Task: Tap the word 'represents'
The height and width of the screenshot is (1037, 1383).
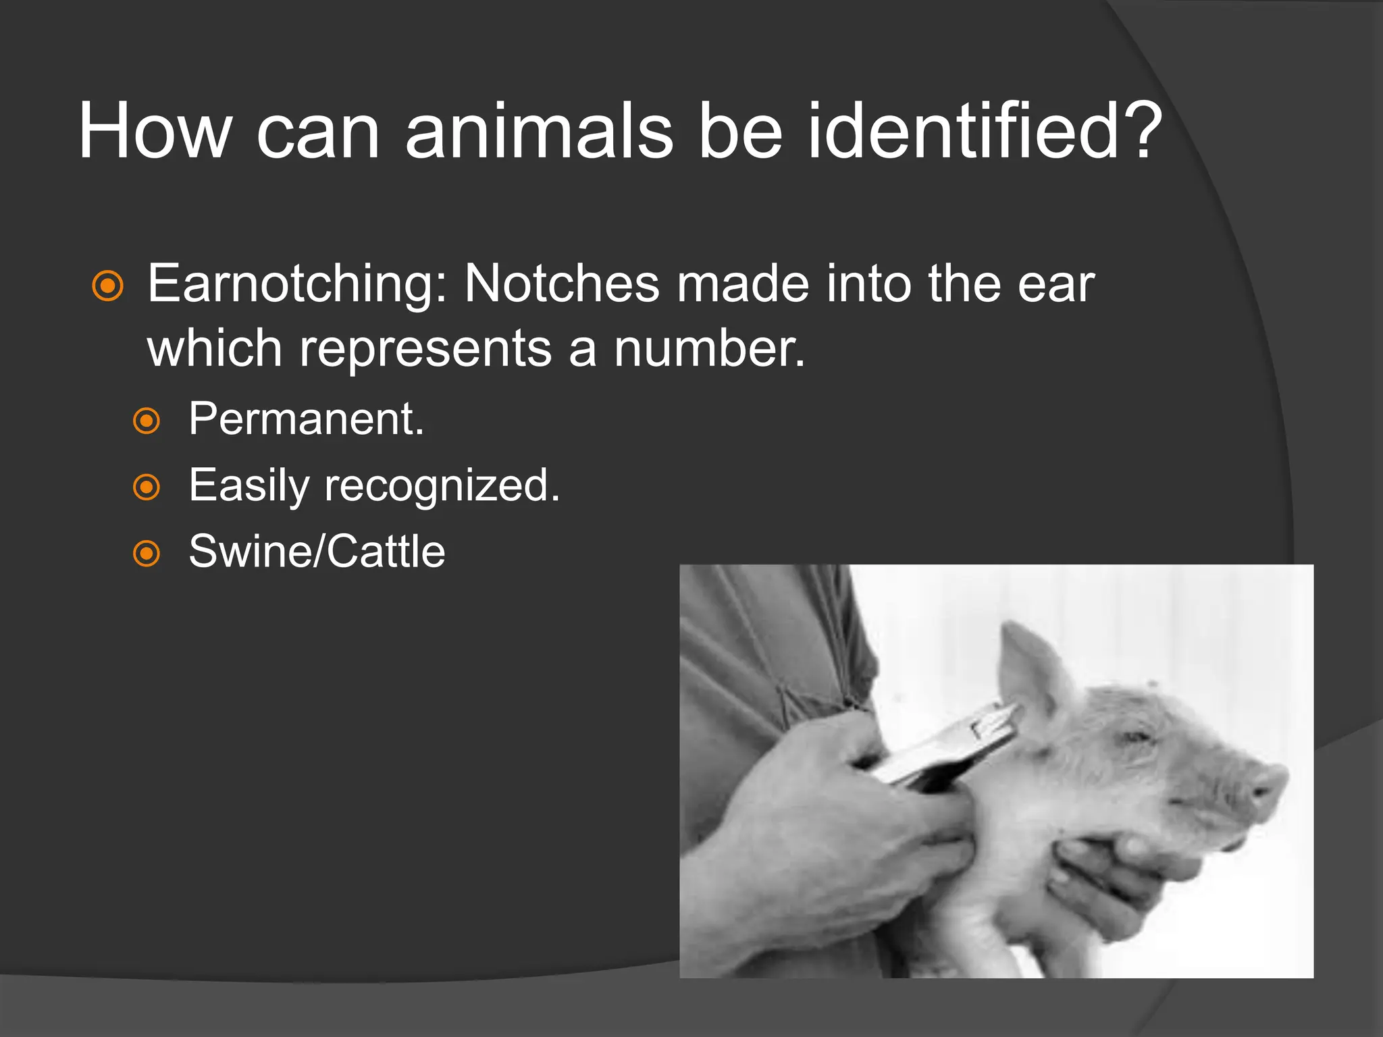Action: [x=425, y=350]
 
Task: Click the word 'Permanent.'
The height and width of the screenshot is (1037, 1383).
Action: [x=306, y=419]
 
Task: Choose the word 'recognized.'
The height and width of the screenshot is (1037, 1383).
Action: [x=442, y=485]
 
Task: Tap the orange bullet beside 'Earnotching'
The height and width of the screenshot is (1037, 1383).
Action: [x=108, y=286]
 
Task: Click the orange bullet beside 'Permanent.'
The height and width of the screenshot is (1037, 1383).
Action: [x=147, y=421]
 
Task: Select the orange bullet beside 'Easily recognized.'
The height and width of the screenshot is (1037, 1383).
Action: [x=147, y=487]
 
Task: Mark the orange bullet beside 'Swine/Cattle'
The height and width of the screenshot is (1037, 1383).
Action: [x=147, y=553]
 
